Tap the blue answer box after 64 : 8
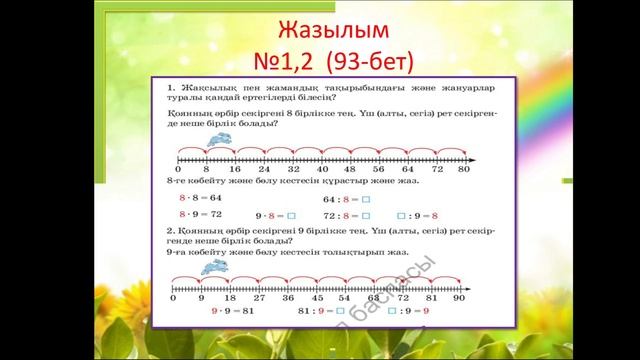pos(366,199)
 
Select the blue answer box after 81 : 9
pos(340,311)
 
